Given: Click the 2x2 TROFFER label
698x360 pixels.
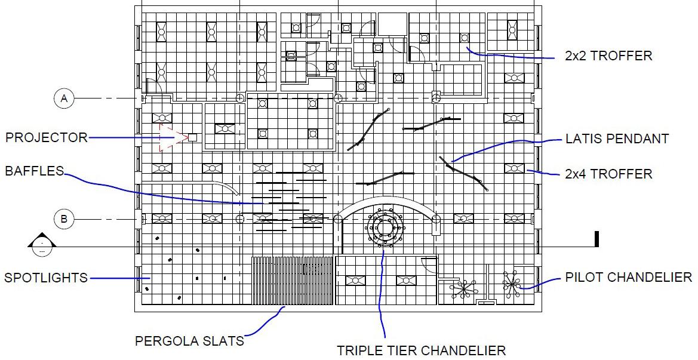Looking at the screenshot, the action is click(x=608, y=56).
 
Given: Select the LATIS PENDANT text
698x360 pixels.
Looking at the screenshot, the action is click(x=617, y=139).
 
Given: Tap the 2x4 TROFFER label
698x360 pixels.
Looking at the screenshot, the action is click(x=608, y=174).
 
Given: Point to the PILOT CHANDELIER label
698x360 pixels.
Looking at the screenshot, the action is click(x=628, y=278).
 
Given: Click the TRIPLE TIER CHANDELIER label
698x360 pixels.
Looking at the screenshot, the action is click(x=421, y=350).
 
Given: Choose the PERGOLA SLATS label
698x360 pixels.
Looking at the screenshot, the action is click(x=189, y=341).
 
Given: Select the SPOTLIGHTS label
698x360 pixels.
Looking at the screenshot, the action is click(x=46, y=278).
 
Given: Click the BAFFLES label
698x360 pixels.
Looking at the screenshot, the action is click(x=34, y=171).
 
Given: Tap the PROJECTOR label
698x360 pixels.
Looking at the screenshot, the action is click(x=46, y=138).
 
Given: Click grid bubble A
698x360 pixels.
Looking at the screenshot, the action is click(x=64, y=98).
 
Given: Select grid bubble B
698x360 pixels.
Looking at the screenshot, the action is click(x=64, y=219).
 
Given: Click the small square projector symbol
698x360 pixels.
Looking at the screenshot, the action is click(x=192, y=137).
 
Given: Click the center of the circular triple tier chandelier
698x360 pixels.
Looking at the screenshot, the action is click(x=383, y=227).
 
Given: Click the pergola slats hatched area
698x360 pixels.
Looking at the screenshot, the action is click(x=292, y=281).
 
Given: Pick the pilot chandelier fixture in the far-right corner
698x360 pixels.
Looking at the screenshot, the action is click(x=512, y=284).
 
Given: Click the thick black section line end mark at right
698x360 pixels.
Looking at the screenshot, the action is click(x=596, y=239).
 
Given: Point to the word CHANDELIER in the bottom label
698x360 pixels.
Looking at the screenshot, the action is click(x=463, y=350).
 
